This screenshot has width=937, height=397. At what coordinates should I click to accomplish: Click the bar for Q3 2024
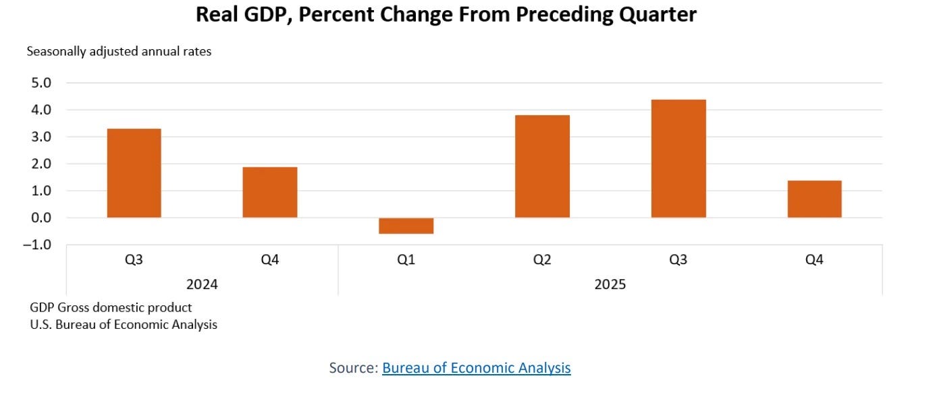pos(134,173)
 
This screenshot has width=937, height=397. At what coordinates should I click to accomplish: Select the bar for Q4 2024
pos(270,193)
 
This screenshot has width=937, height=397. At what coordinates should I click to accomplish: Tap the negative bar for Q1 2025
pos(406,226)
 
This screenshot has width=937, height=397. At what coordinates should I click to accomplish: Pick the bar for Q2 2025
pos(542,166)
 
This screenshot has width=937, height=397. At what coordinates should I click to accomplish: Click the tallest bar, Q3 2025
pos(678,158)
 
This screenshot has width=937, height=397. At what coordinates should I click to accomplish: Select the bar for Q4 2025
pos(814,199)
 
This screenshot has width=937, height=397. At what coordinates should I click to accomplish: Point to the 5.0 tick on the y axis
pos(41,83)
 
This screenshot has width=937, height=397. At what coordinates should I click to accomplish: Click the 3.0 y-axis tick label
pos(41,137)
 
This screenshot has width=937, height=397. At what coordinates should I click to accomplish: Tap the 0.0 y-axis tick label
pos(41,218)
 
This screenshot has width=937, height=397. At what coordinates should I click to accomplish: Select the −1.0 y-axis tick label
pos(37,244)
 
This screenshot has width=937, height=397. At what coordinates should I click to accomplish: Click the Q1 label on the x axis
pos(406,259)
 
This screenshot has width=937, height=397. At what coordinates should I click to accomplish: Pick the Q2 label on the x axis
pos(542,259)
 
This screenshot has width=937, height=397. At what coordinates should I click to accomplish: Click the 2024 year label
pos(202,284)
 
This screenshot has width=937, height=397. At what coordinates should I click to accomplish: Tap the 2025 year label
pos(610,284)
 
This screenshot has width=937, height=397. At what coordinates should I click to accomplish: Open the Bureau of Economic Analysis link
pos(477,368)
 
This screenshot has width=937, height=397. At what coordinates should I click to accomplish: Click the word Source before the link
pos(354,368)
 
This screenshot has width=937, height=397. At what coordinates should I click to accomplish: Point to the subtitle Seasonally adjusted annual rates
pos(119,51)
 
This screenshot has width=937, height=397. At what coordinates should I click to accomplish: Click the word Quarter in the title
pos(658,14)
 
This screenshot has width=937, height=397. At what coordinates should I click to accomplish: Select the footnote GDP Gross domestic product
pos(111,307)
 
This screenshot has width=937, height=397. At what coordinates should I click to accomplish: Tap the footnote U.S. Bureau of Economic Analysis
pos(124,325)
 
